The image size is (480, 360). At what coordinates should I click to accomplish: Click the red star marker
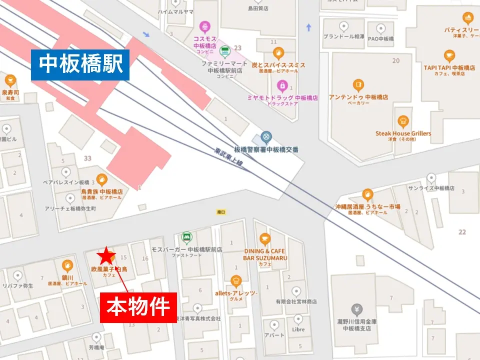(x=105, y=256)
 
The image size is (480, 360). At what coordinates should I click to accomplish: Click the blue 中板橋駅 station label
(x=80, y=64)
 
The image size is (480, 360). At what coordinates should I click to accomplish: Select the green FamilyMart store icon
(x=224, y=50)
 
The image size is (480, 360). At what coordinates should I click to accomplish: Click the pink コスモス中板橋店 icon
(x=204, y=25)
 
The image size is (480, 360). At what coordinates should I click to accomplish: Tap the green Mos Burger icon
(x=186, y=235)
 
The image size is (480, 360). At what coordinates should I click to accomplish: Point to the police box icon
(x=266, y=136)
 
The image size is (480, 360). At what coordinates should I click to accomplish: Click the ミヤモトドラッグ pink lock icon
(x=282, y=85)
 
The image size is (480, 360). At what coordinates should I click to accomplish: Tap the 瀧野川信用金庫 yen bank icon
(x=356, y=309)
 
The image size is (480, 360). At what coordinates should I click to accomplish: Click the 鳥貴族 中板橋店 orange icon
(x=101, y=179)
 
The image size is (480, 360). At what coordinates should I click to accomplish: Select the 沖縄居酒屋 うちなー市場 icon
(x=367, y=194)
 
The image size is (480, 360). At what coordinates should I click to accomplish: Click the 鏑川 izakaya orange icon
(x=67, y=265)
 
